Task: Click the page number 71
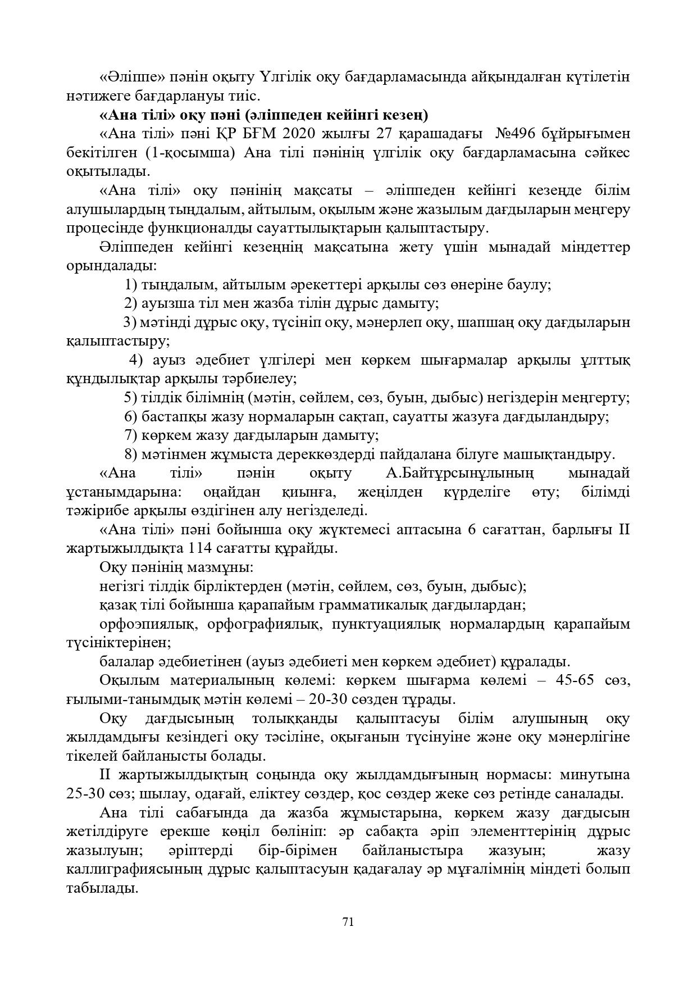(348, 921)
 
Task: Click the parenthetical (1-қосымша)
(188, 153)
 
